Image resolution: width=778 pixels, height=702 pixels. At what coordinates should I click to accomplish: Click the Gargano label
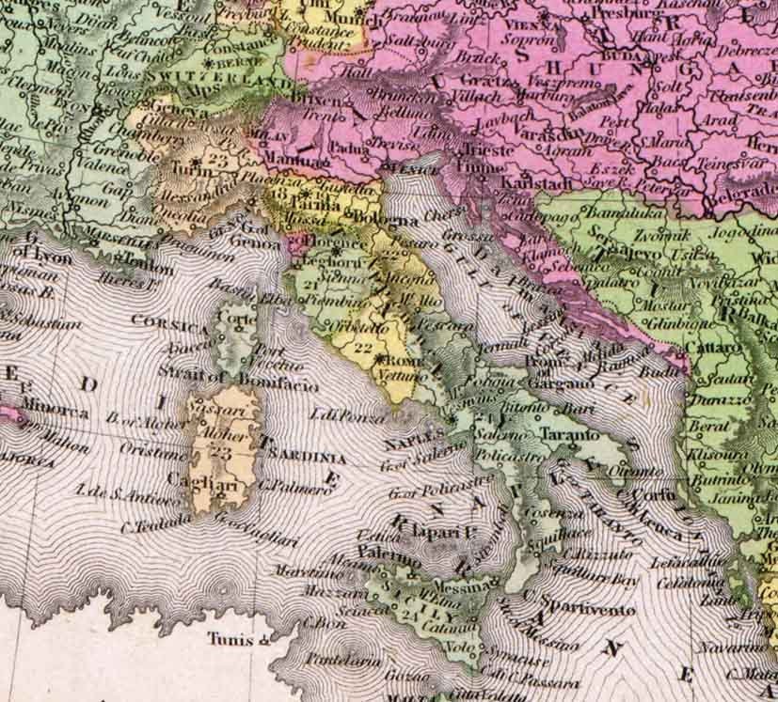pyautogui.click(x=560, y=384)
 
